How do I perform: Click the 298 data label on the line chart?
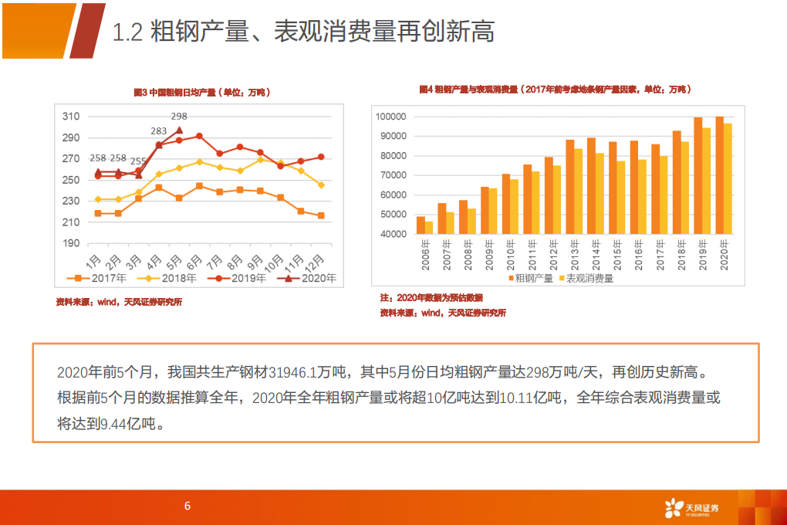pyautogui.click(x=178, y=117)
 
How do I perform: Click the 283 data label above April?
pyautogui.click(x=159, y=131)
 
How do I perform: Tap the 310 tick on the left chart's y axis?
pyautogui.click(x=71, y=117)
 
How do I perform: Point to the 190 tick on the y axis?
pyautogui.click(x=71, y=243)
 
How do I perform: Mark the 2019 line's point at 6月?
pyautogui.click(x=199, y=136)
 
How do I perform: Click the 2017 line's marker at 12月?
pyautogui.click(x=320, y=215)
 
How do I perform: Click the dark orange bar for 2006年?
pyautogui.click(x=421, y=225)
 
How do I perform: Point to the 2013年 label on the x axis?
pyautogui.click(x=572, y=254)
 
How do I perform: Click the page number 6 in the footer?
pyautogui.click(x=187, y=506)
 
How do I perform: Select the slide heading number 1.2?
pyautogui.click(x=127, y=32)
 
